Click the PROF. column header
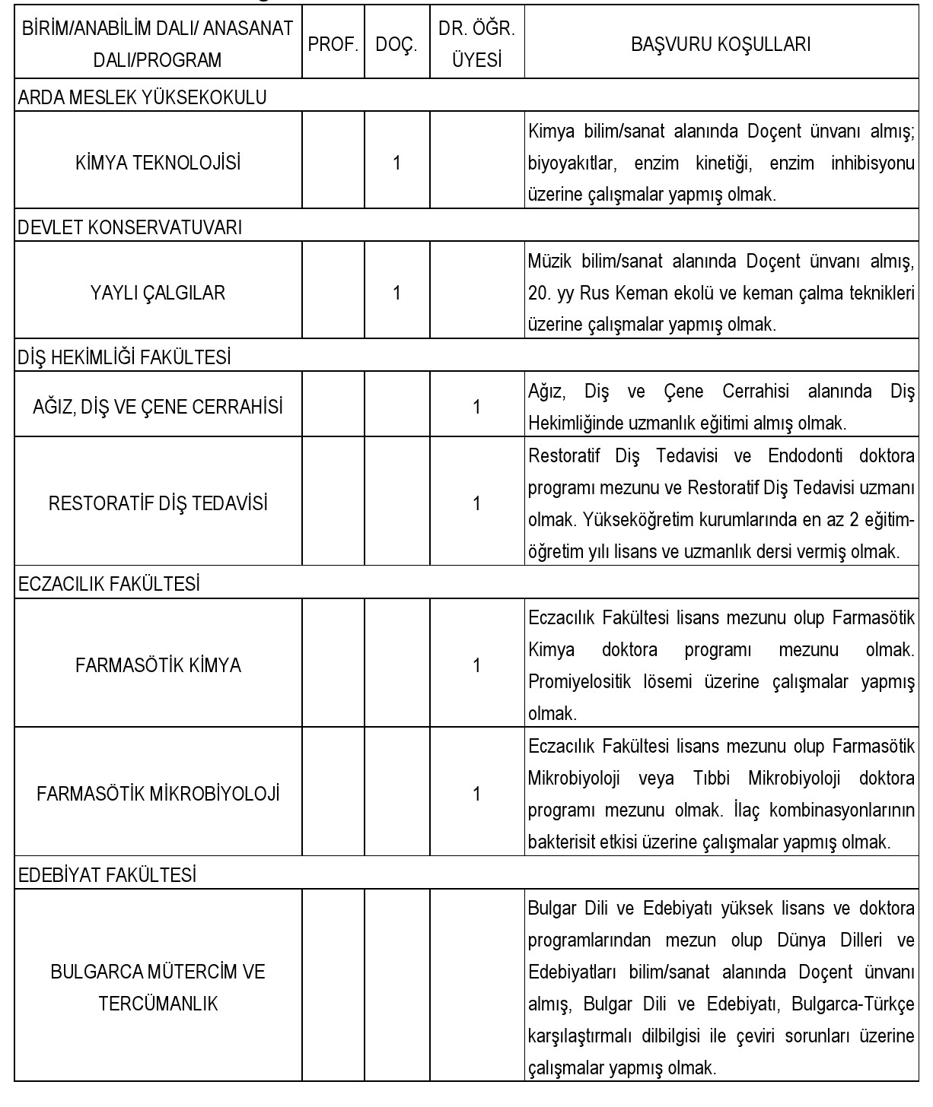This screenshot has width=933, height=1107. (333, 45)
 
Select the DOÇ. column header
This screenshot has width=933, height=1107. (396, 45)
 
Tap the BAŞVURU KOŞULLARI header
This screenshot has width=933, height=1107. (721, 45)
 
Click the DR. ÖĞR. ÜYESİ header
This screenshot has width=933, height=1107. (476, 45)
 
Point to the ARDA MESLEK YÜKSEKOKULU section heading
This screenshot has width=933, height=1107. (142, 97)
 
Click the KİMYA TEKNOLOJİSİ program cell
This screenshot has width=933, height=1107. (158, 163)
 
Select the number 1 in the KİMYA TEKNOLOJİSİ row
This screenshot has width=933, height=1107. (396, 163)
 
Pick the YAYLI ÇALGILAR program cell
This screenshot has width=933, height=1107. (158, 293)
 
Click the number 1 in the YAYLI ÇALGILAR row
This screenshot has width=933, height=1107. (396, 293)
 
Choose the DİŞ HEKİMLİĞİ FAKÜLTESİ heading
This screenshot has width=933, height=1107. (124, 357)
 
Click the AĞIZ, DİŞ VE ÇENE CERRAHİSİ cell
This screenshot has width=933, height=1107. (158, 407)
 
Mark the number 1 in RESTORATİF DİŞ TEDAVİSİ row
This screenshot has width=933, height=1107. (476, 503)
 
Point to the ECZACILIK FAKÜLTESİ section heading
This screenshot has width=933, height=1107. (109, 584)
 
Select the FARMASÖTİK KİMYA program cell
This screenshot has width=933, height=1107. (158, 665)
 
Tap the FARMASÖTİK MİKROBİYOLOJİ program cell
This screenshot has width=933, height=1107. (158, 795)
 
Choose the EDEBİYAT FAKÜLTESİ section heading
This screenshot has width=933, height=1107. (107, 875)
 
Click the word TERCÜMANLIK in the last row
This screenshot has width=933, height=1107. (158, 1004)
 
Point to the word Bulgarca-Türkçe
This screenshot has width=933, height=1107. (852, 1004)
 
